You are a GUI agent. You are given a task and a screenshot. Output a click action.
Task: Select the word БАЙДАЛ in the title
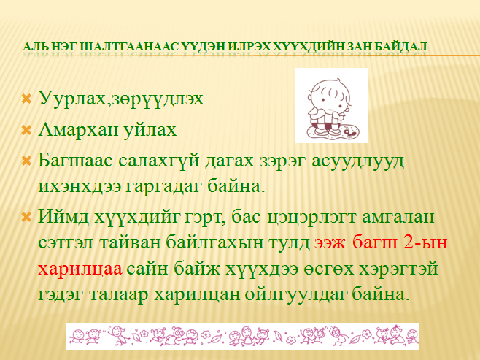point(400,47)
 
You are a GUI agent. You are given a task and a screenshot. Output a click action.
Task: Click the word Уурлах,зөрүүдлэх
point(121,99)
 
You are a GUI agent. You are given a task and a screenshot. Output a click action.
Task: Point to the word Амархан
point(78,129)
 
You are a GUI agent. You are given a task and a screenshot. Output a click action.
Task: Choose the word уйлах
point(150,130)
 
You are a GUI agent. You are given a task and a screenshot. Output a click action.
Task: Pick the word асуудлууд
point(357,161)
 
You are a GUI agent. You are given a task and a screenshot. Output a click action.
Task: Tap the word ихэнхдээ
point(80,186)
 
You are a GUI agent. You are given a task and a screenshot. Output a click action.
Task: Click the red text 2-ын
point(425,242)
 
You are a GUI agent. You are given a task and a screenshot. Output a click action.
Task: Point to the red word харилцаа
point(80,269)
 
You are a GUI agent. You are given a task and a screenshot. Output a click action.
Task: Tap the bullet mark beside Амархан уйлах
point(27,131)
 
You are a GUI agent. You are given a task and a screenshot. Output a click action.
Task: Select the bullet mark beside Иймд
point(27,218)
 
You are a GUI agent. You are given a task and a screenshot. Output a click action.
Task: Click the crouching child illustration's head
point(330,95)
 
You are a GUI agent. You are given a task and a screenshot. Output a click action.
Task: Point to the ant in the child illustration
point(349,131)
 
